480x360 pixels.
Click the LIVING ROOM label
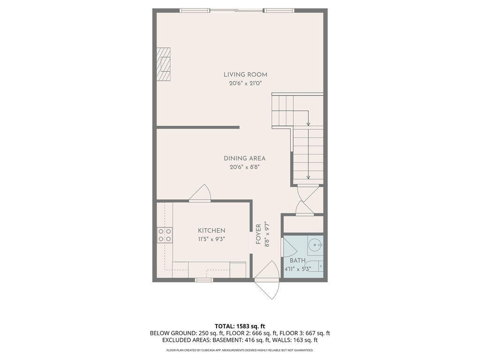pyautogui.click(x=245, y=75)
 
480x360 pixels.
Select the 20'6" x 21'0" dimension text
pyautogui.click(x=245, y=83)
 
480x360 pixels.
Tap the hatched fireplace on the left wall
pyautogui.click(x=164, y=65)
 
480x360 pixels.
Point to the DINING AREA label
pyautogui.click(x=244, y=158)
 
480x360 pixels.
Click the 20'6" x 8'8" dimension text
pyautogui.click(x=244, y=167)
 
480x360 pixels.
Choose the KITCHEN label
pyautogui.click(x=211, y=231)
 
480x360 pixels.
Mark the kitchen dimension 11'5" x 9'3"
pyautogui.click(x=211, y=239)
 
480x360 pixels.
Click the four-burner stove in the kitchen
pyautogui.click(x=165, y=235)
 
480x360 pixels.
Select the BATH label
pyautogui.click(x=297, y=261)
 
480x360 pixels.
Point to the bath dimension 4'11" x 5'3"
pyautogui.click(x=298, y=269)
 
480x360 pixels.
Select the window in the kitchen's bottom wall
pyautogui.click(x=203, y=280)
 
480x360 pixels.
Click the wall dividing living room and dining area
pyautogui.click(x=198, y=127)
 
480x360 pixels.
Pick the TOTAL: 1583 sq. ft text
pyautogui.click(x=240, y=326)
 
